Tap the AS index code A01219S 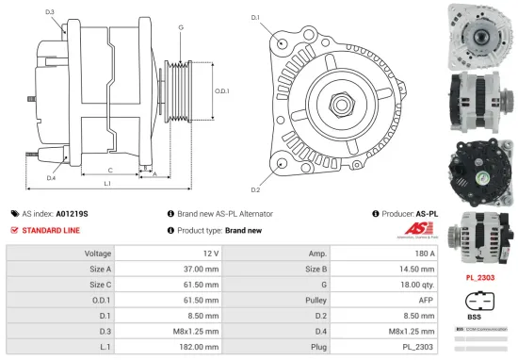(73, 214)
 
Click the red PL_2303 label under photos (481, 280)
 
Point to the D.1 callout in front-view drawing (254, 17)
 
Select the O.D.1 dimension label (222, 91)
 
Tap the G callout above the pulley (181, 27)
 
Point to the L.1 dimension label (106, 183)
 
